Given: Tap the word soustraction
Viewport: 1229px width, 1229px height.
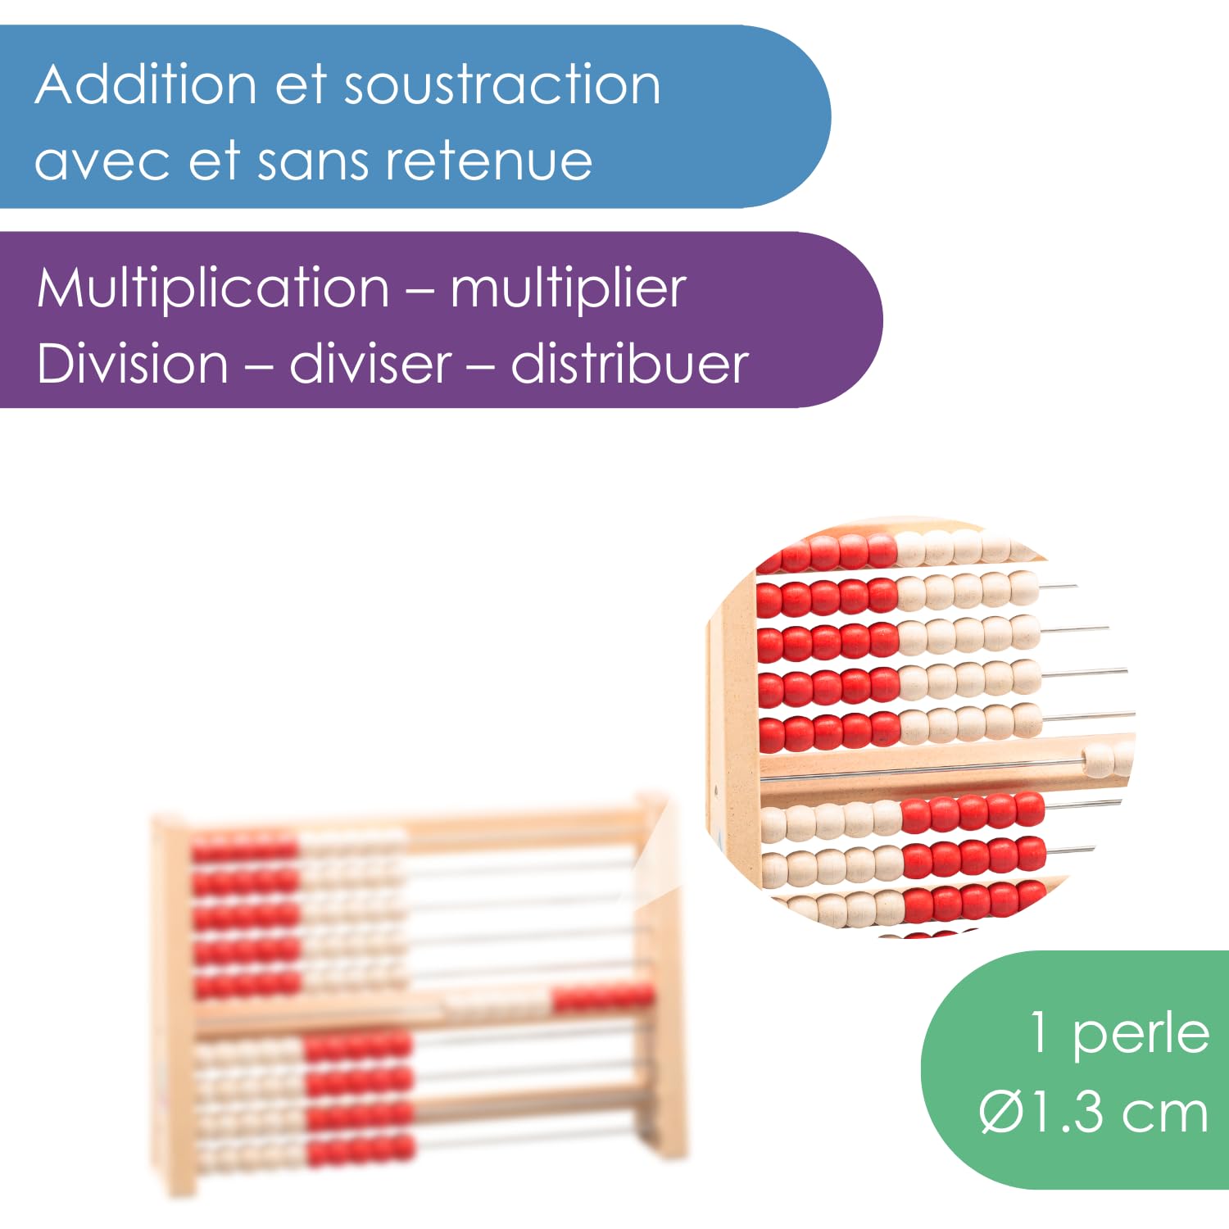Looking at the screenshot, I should click(x=502, y=85).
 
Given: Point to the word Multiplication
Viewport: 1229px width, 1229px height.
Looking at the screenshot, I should click(x=213, y=288).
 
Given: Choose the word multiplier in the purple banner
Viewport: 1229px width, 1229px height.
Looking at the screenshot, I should click(x=568, y=288).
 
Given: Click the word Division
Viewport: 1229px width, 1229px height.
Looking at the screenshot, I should click(x=133, y=364).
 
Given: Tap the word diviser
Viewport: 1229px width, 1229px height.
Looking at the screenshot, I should click(x=370, y=364).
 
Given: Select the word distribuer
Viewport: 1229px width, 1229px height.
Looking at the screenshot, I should click(x=629, y=364).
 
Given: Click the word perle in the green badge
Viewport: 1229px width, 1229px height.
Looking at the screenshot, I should click(x=1141, y=1034).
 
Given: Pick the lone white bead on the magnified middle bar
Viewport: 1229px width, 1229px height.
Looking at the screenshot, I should click(x=1097, y=760).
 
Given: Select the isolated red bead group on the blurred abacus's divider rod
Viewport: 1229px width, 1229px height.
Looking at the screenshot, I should click(x=603, y=998).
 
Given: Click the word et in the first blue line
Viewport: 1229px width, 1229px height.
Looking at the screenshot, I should click(x=301, y=85).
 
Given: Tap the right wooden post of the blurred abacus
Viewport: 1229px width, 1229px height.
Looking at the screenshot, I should click(x=667, y=975).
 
